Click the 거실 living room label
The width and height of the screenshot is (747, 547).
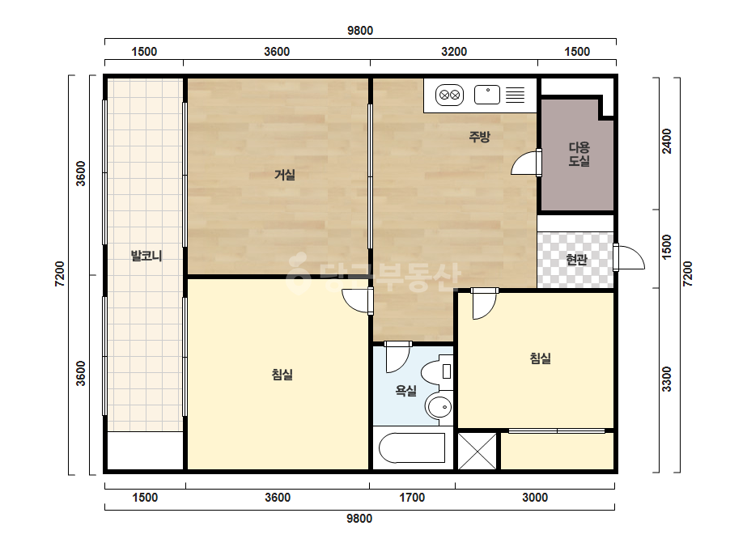coord(285,175)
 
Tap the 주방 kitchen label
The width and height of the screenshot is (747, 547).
coord(479,138)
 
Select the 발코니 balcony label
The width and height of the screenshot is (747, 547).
coord(146,256)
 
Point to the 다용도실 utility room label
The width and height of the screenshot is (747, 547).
coord(579,154)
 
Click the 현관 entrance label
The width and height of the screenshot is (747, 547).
coord(576,260)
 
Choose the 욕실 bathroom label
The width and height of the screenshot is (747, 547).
coord(406,391)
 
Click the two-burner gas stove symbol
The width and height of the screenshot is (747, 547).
coord(449,95)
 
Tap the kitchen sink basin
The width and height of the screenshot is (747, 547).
coord(487,95)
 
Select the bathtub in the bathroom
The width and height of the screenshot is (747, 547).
coord(412,448)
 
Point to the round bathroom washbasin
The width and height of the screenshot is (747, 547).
coord(439,407)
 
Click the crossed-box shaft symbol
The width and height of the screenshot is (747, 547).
coord(477,451)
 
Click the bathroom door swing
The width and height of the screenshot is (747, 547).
coord(397,358)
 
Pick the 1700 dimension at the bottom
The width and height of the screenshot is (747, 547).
coord(412,498)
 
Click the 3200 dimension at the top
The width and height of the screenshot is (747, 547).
coord(454,52)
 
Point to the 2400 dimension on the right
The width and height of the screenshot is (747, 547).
coord(667,141)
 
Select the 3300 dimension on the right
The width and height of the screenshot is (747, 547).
coord(667,380)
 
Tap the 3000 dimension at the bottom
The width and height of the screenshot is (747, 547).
coord(535,498)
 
